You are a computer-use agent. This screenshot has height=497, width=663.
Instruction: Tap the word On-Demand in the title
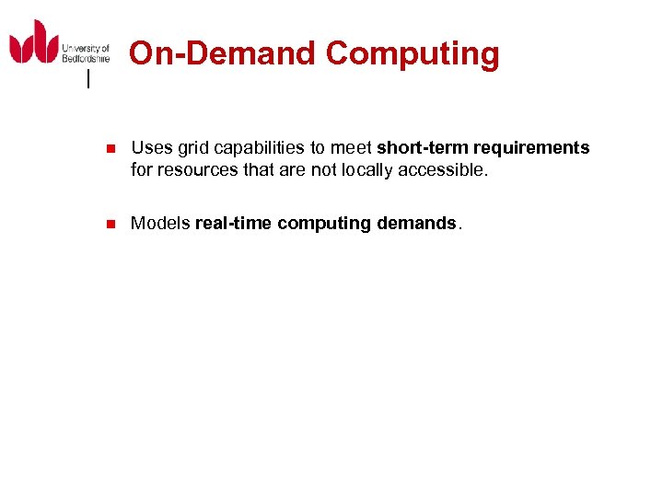pyautogui.click(x=222, y=54)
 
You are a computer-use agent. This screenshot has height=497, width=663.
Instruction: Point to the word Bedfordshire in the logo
pyautogui.click(x=86, y=58)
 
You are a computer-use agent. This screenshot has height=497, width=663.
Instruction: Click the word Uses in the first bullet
pyautogui.click(x=151, y=148)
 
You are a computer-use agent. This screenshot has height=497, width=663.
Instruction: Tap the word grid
pyautogui.click(x=192, y=148)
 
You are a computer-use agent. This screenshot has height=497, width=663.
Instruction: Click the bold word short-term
pyautogui.click(x=422, y=148)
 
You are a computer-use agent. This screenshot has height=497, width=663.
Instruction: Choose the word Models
pyautogui.click(x=160, y=223)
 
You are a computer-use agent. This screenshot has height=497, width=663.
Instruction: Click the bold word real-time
pyautogui.click(x=234, y=223)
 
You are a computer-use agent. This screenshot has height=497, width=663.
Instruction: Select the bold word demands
pyautogui.click(x=416, y=223)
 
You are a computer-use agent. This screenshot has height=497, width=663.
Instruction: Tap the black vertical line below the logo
pyautogui.click(x=88, y=80)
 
